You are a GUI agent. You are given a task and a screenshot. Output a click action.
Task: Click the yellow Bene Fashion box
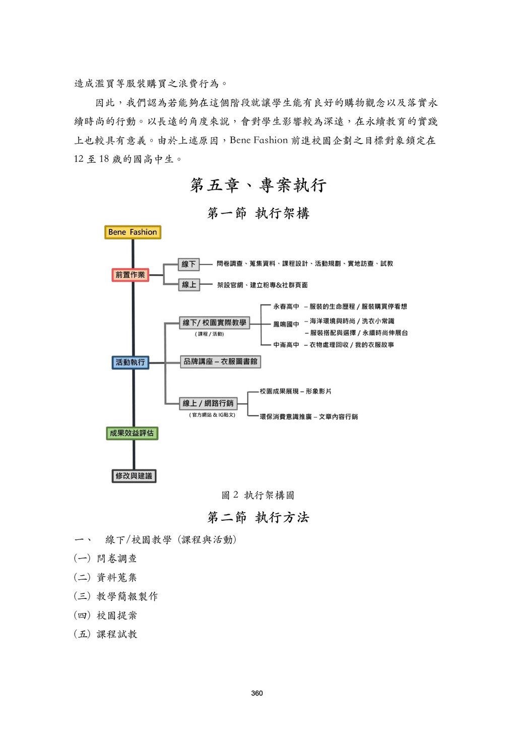click(133, 232)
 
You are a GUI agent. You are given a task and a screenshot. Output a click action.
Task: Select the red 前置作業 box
click(130, 275)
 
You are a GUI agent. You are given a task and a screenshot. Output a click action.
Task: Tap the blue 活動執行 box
click(130, 362)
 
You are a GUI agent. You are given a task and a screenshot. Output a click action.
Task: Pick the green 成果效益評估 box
click(132, 433)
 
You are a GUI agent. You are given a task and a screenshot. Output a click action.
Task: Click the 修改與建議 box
click(134, 476)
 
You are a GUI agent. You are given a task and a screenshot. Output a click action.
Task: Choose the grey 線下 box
click(189, 264)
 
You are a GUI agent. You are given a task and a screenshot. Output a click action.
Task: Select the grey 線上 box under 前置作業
click(189, 285)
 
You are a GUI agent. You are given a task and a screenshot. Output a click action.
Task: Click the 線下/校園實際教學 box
click(214, 323)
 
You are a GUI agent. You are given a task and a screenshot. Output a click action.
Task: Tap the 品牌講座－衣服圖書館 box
click(220, 361)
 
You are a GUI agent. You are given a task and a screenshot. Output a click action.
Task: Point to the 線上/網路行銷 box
click(208, 403)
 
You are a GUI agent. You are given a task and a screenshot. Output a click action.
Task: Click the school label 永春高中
click(286, 307)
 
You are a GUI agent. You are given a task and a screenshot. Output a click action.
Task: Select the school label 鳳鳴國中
click(286, 324)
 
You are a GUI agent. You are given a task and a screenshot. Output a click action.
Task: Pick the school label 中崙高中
click(286, 345)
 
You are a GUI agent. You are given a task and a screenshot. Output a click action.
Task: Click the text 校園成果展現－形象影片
click(295, 391)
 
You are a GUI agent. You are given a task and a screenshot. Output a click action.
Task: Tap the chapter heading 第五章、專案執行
click(258, 186)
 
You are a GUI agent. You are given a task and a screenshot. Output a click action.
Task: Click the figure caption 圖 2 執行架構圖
click(258, 496)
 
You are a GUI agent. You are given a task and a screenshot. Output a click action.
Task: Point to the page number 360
click(257, 693)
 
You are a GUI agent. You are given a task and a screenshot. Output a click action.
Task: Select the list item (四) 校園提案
click(106, 616)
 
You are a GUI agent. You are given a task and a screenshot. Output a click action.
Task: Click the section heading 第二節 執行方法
click(258, 518)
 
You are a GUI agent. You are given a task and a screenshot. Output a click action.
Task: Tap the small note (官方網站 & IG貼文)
click(212, 415)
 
